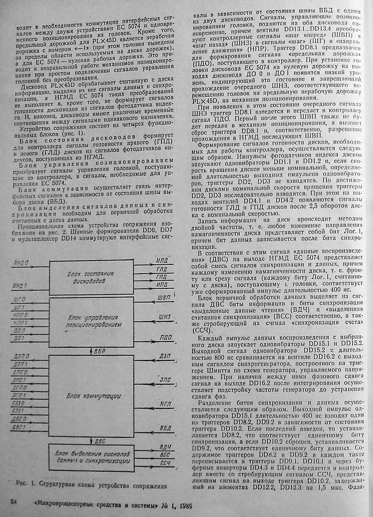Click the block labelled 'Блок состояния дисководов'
tap(91, 277)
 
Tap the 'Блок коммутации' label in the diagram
tap(91, 396)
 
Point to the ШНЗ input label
tap(164, 317)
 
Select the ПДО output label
tap(166, 338)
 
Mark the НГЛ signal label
tap(165, 404)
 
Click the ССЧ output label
tap(165, 463)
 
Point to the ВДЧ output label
tap(165, 447)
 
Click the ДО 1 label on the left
tap(20, 338)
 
